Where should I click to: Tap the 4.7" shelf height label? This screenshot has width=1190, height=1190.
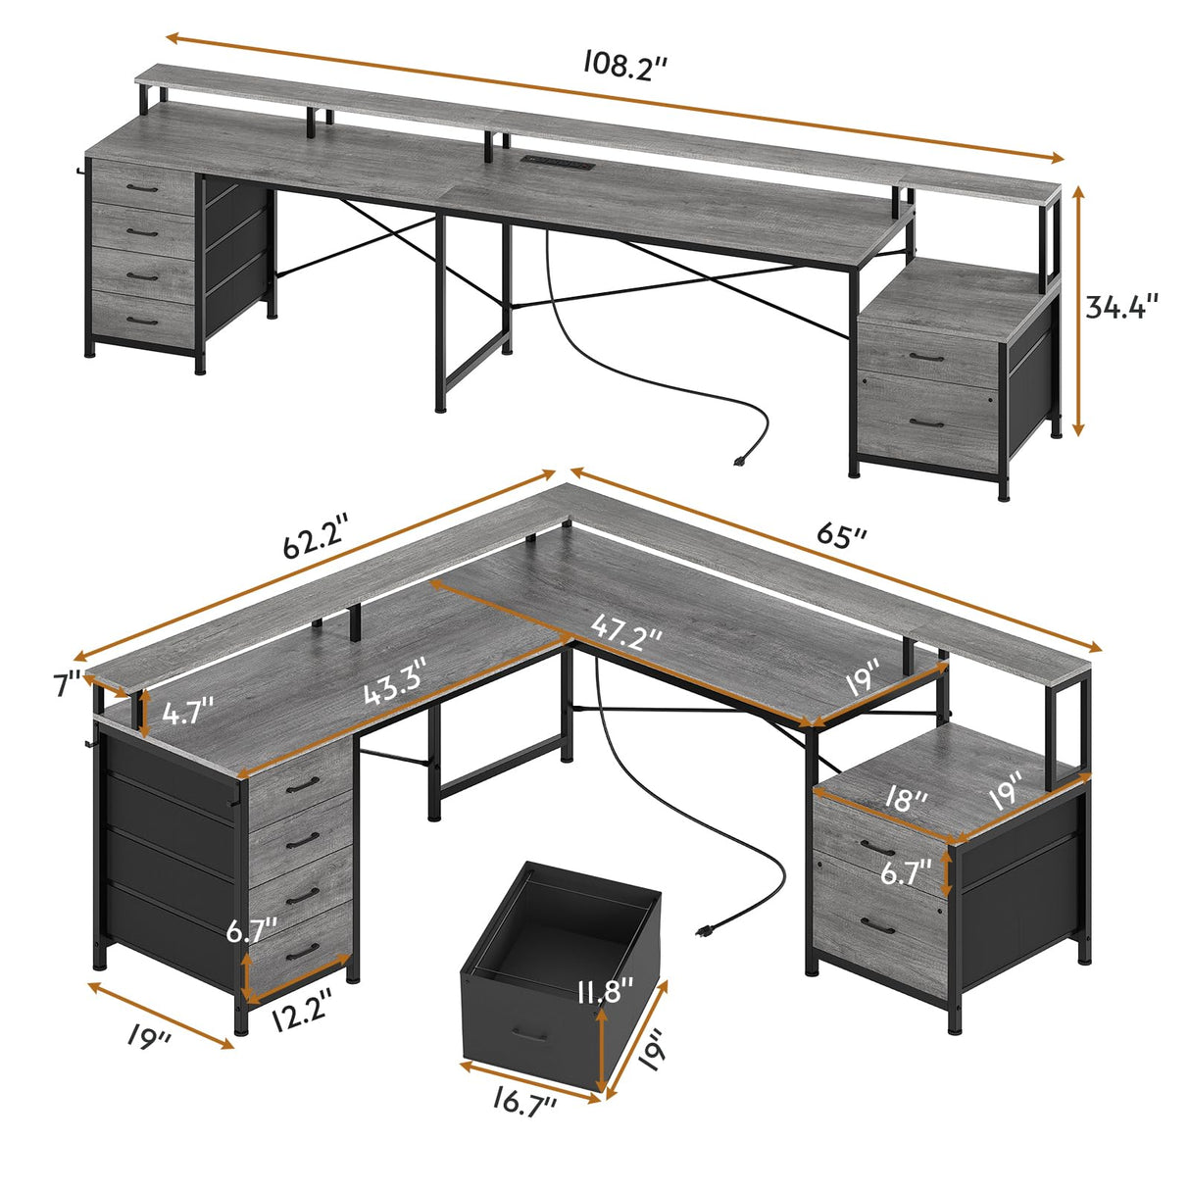coord(187,712)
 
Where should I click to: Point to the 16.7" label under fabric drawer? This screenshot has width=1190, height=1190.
coord(523,1104)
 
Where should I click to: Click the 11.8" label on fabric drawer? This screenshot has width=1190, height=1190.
coord(605,992)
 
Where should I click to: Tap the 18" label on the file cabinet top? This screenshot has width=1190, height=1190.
coord(903,801)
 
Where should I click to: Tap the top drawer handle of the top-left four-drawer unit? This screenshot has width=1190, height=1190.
coord(144,187)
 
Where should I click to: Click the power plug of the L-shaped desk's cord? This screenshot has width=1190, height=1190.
coord(703,930)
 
